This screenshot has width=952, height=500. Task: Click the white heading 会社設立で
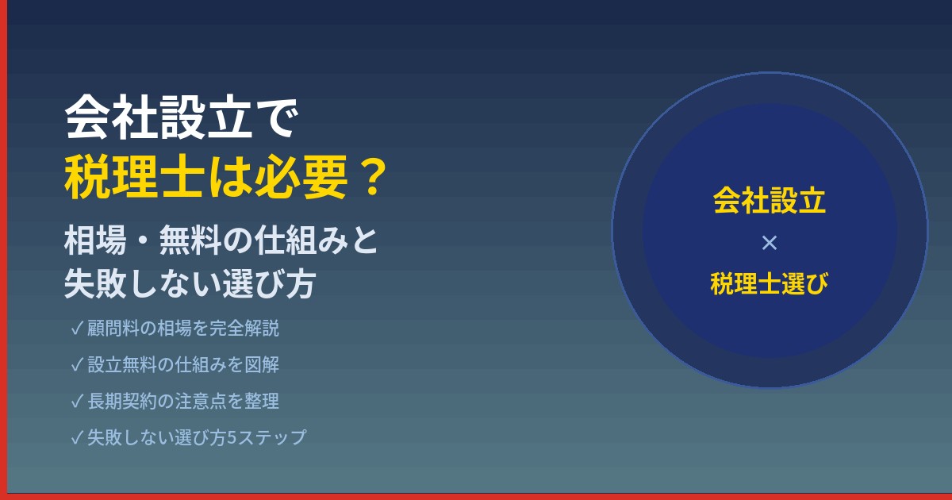point(183,120)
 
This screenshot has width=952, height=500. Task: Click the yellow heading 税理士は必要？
point(226,179)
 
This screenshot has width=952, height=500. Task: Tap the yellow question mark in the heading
point(368,179)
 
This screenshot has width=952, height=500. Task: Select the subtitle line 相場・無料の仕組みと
point(221,241)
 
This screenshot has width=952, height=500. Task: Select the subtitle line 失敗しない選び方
point(190,285)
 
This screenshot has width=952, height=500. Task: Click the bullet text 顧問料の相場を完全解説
point(183,329)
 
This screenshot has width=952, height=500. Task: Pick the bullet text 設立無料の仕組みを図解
point(183,365)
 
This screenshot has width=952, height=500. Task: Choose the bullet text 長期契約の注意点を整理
point(183,402)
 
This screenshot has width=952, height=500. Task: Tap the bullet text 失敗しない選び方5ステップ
point(197,437)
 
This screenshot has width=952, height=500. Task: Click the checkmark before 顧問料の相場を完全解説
point(77,329)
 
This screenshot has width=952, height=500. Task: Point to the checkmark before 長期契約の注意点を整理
point(77,402)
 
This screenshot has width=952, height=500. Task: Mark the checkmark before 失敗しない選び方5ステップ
point(77,437)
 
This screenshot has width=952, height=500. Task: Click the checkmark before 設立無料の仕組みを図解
point(77,365)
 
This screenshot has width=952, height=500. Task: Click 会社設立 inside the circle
point(769,200)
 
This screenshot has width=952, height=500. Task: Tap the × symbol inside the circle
point(769,244)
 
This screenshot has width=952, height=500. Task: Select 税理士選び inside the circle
point(769,283)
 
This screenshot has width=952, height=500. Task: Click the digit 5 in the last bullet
point(232,438)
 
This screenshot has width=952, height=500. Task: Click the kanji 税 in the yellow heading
point(84,179)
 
